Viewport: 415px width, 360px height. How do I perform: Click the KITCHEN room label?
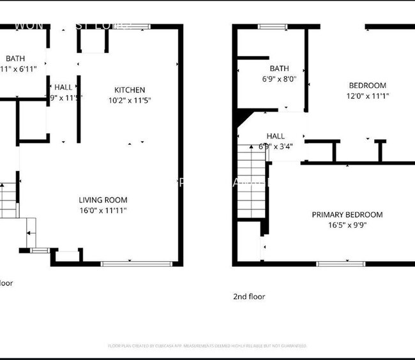click(x=130, y=90)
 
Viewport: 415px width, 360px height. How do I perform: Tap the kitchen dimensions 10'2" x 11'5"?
click(x=130, y=100)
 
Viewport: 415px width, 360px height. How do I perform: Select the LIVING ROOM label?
click(x=102, y=200)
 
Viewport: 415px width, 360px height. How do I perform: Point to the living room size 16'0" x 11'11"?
click(x=102, y=210)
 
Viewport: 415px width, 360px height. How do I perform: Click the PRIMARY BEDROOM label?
click(x=347, y=214)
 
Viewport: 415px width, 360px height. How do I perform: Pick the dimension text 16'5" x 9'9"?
click(x=347, y=225)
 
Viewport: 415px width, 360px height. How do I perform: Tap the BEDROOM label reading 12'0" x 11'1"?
click(x=367, y=86)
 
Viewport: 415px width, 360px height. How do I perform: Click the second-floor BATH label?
click(x=279, y=69)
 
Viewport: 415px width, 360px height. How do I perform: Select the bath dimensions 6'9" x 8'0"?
click(x=279, y=79)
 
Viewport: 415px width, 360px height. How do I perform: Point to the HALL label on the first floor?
click(x=63, y=87)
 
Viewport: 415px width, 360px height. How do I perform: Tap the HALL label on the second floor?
click(x=276, y=136)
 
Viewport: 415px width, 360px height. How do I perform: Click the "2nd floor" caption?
click(x=249, y=296)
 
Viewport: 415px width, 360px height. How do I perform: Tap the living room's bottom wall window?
click(x=135, y=262)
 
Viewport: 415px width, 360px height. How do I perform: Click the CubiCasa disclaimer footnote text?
click(x=207, y=346)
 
